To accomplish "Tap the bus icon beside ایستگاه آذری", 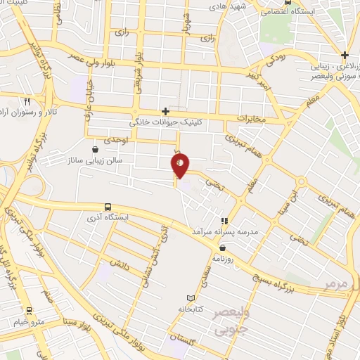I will pyautogui.click(x=107, y=207).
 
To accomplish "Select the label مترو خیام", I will pyautogui.click(x=27, y=321).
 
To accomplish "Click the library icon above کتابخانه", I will pyautogui.click(x=191, y=298).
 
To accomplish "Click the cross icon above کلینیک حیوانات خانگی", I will pyautogui.click(x=166, y=111).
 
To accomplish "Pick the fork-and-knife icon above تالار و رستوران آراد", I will pyautogui.click(x=26, y=101).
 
